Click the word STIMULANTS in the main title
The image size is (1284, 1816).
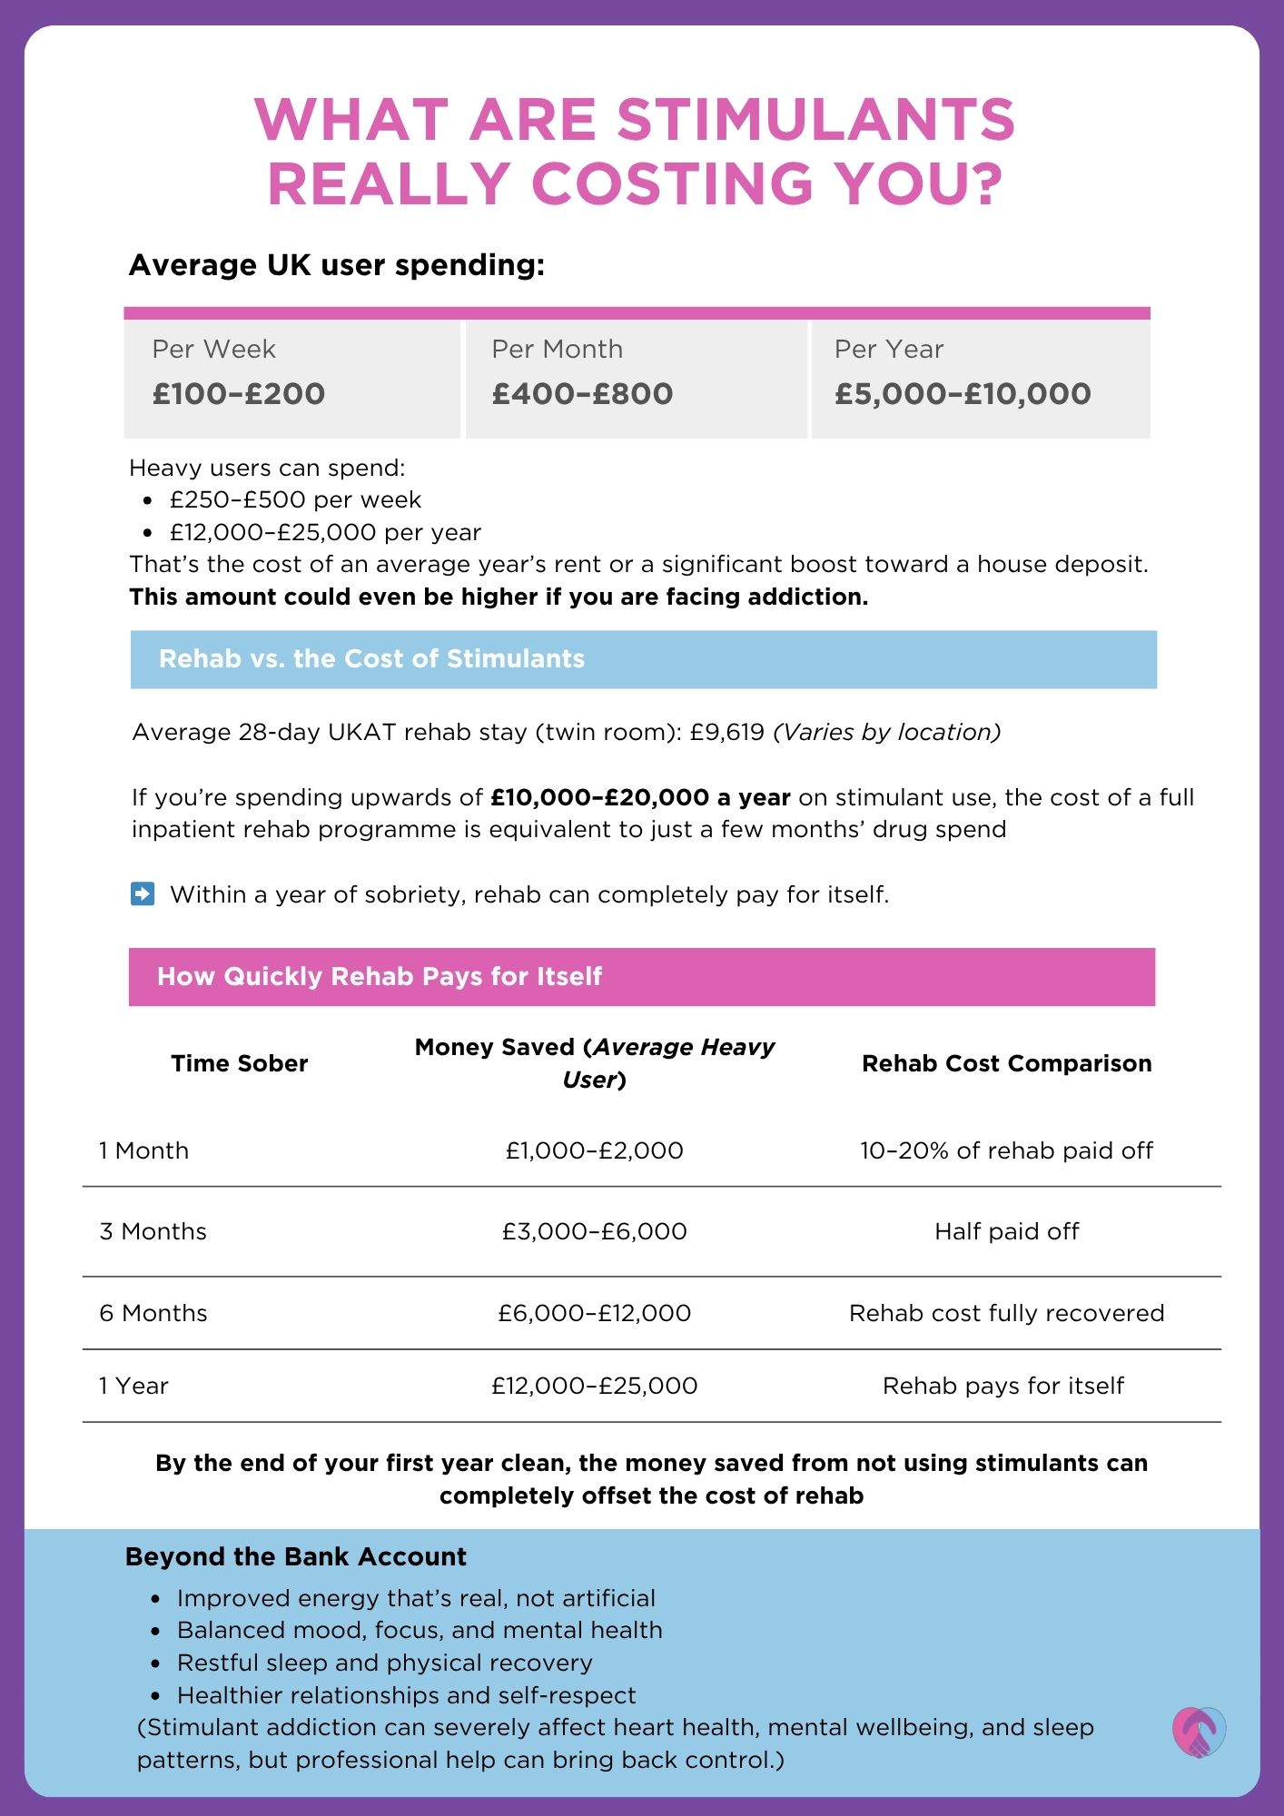pyautogui.click(x=815, y=120)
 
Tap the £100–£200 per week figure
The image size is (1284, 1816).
pyautogui.click(x=239, y=394)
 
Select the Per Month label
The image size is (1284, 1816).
pyautogui.click(x=557, y=350)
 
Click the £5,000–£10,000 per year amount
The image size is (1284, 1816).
pyautogui.click(x=963, y=394)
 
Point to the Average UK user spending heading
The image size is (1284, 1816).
pyautogui.click(x=337, y=265)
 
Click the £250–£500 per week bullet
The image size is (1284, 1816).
pyautogui.click(x=295, y=500)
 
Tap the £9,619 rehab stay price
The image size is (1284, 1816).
pyautogui.click(x=726, y=733)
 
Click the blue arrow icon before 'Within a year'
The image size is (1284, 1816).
pyautogui.click(x=143, y=894)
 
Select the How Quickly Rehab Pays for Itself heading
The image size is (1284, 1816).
pyautogui.click(x=379, y=977)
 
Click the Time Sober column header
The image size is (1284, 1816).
pyautogui.click(x=240, y=1063)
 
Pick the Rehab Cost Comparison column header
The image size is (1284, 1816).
pyautogui.click(x=1006, y=1063)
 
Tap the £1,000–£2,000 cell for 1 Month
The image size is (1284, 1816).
pyautogui.click(x=594, y=1150)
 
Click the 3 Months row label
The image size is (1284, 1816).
pyautogui.click(x=153, y=1231)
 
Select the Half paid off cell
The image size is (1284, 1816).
pyautogui.click(x=1006, y=1231)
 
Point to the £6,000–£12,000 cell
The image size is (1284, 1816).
pyautogui.click(x=594, y=1313)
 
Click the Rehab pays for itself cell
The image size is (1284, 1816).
pyautogui.click(x=1003, y=1386)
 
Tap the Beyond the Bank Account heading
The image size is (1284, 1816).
pyautogui.click(x=295, y=1557)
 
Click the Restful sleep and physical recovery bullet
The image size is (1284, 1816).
pyautogui.click(x=384, y=1663)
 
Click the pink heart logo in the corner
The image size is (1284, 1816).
pyautogui.click(x=1198, y=1732)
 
